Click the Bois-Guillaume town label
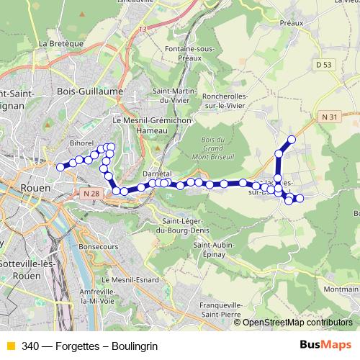(90, 91)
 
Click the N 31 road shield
(329, 116)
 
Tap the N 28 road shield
(91, 193)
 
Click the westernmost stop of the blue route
(60, 167)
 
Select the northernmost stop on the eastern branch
(292, 139)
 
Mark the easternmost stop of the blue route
(300, 198)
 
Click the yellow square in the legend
(10, 345)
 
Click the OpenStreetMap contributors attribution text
(297, 323)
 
